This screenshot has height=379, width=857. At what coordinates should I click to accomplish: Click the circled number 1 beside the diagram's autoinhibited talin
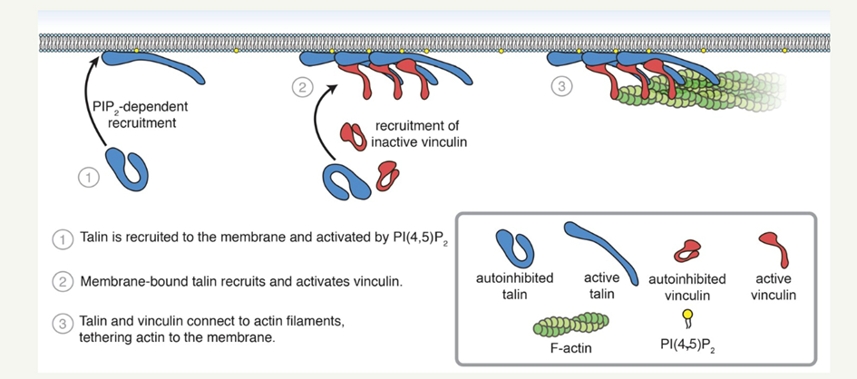(x=88, y=178)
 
